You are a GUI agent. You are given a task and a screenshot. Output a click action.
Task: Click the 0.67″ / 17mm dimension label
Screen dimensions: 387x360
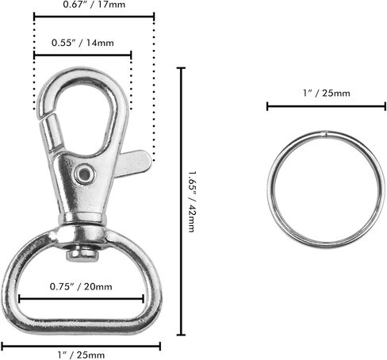click(x=94, y=5)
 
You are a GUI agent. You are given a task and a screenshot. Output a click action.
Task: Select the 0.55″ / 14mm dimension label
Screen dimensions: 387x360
click(x=82, y=43)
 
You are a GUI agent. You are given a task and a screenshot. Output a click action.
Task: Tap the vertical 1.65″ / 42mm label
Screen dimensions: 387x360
click(x=192, y=202)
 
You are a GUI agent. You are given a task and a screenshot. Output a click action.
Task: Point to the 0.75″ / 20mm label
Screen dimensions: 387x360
click(x=81, y=286)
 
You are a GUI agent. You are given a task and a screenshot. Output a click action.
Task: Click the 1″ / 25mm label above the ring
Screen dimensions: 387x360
click(x=327, y=93)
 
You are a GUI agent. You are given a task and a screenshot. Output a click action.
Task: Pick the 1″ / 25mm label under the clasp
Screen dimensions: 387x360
click(x=81, y=354)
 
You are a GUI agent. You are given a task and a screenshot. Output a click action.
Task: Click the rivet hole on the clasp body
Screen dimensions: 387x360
click(x=84, y=174)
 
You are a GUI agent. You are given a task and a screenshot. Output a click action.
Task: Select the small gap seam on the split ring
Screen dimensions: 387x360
click(x=326, y=134)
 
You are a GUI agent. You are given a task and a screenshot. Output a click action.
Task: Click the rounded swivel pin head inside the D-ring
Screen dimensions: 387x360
click(x=82, y=254)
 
